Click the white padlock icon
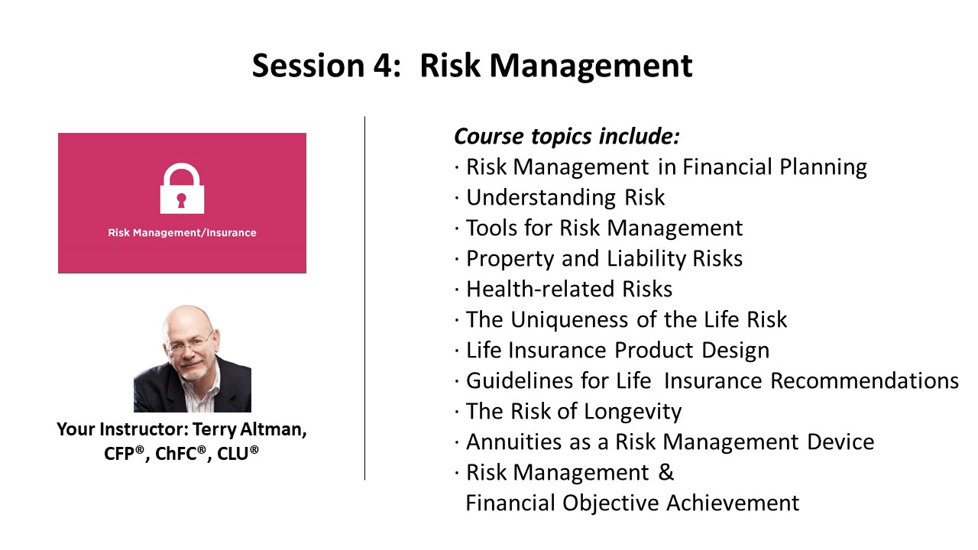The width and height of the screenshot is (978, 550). pyautogui.click(x=182, y=189)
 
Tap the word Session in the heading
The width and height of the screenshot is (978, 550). pyautogui.click(x=308, y=66)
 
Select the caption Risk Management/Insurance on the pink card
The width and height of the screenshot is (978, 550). pyautogui.click(x=182, y=233)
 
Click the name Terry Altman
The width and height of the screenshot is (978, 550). pyautogui.click(x=249, y=430)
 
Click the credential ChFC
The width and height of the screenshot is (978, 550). pyautogui.click(x=180, y=454)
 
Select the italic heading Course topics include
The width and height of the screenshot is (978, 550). pyautogui.click(x=567, y=137)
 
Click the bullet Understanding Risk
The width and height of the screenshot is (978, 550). pyautogui.click(x=565, y=198)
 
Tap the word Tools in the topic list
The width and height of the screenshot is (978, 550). pyautogui.click(x=491, y=228)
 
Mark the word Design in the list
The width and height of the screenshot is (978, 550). pyautogui.click(x=735, y=351)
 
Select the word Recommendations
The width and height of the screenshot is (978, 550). pyautogui.click(x=864, y=380)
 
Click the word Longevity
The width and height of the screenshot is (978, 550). pyautogui.click(x=633, y=412)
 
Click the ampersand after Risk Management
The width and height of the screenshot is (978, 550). pyautogui.click(x=666, y=472)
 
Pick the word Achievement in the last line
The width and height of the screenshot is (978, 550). pyautogui.click(x=733, y=503)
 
